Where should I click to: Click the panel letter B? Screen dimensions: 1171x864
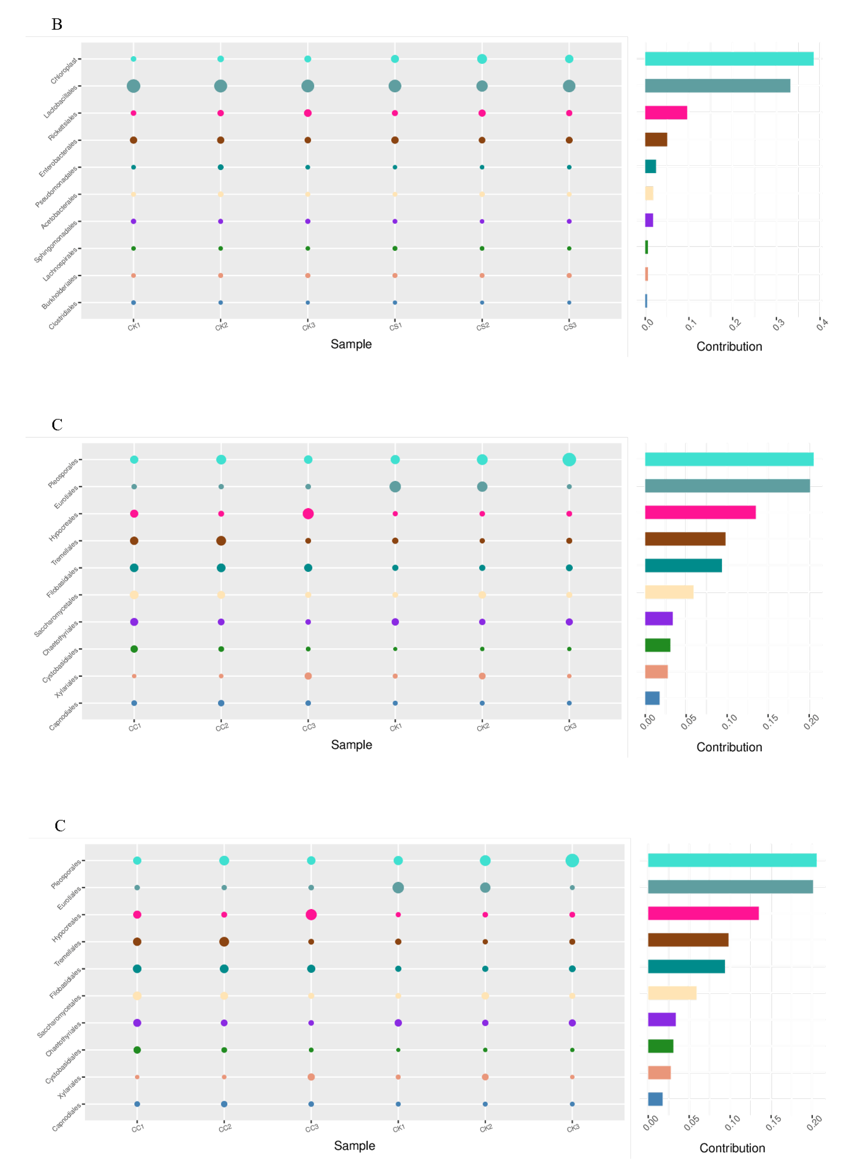[x=57, y=24]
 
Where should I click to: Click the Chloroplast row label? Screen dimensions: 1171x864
[x=64, y=71]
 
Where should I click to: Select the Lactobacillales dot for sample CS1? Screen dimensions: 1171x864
[x=395, y=86]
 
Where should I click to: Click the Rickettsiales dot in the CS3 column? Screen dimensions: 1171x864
[x=569, y=113]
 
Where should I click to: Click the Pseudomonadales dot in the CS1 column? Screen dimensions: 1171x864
[x=395, y=167]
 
